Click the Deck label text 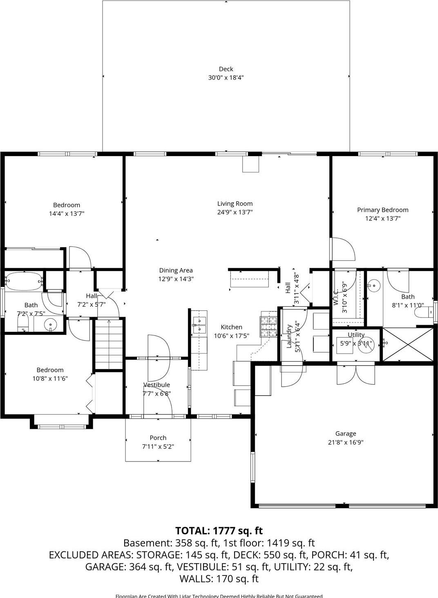[226, 69]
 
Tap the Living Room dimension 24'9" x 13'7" [235, 212]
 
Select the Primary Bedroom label [382, 210]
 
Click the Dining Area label [176, 270]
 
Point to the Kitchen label [231, 327]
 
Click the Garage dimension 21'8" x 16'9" [346, 442]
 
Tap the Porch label [158, 438]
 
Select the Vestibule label [156, 385]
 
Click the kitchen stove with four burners [269, 325]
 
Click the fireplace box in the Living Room [251, 164]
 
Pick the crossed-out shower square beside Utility [407, 344]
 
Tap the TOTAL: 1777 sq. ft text [219, 531]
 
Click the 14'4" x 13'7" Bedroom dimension [67, 213]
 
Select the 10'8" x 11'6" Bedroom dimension [50, 379]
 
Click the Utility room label [356, 335]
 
